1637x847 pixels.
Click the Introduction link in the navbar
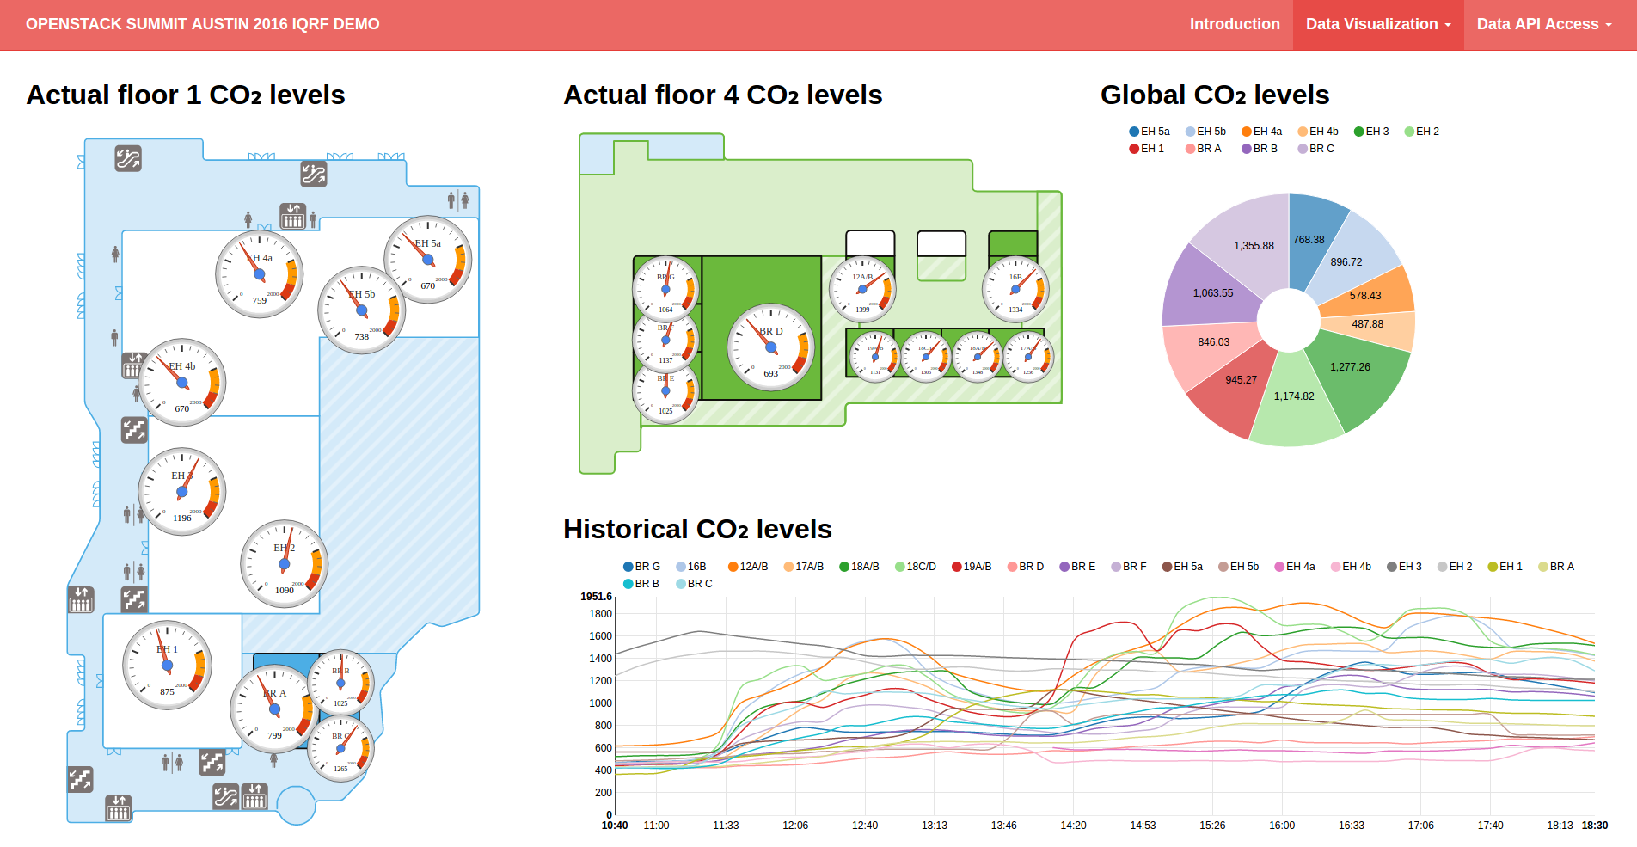[1234, 24]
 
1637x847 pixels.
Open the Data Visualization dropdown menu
[1377, 24]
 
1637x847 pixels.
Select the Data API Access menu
[1543, 24]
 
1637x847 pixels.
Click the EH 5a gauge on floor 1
[428, 260]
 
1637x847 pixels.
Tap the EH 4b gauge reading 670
[182, 383]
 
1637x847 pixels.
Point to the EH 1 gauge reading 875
[167, 665]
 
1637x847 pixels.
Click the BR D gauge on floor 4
[771, 347]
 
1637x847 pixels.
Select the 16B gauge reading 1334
[1015, 290]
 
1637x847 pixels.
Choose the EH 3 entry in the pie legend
[1371, 132]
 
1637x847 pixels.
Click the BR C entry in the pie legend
[1316, 149]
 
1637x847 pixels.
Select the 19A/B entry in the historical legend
[972, 567]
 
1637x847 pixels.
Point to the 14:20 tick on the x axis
[1073, 826]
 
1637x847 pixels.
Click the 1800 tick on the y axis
[600, 614]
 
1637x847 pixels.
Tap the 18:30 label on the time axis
[1594, 826]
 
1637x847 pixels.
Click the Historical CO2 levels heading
[697, 529]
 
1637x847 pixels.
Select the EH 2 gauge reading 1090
[285, 564]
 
